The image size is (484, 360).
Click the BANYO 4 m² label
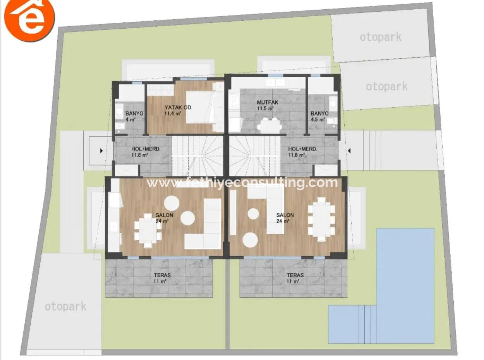tap(134, 116)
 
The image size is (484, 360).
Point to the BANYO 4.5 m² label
tap(319, 116)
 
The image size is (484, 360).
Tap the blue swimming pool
tap(405, 271)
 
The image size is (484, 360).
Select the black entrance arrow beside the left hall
tap(101, 151)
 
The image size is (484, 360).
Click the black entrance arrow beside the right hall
tap(349, 151)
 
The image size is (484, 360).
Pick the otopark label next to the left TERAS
tap(65, 307)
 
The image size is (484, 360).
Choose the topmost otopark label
tap(380, 37)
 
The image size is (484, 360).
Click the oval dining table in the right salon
tap(321, 219)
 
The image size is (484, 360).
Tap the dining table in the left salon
tap(148, 230)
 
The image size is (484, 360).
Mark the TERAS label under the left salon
tap(161, 278)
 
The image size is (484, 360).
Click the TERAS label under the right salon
tap(295, 278)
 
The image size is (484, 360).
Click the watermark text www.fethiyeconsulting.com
tap(242, 182)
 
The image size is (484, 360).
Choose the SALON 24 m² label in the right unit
tap(285, 218)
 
